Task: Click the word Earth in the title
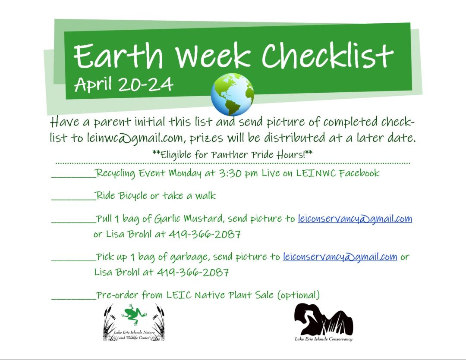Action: coord(119,56)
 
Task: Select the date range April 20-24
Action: coord(124,84)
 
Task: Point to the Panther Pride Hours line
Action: coord(233,154)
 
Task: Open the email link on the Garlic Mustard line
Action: coord(355,219)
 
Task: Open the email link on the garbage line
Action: coord(340,257)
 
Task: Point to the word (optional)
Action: coord(298,295)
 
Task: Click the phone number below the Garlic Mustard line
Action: coord(205,235)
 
